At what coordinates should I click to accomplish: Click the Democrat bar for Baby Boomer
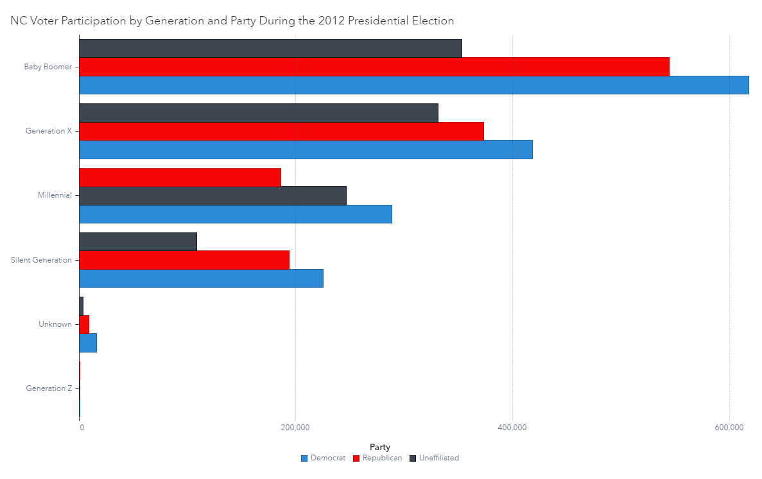point(413,85)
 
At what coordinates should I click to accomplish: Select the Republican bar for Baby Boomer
point(374,67)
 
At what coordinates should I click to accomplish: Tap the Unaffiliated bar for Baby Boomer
point(270,48)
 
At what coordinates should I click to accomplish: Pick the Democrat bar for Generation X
point(306,150)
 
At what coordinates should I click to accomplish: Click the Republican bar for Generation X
point(281,131)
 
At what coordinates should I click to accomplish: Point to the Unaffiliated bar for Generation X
point(258,113)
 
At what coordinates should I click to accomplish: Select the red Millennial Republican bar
point(180,177)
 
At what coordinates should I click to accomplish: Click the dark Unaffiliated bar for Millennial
point(212,196)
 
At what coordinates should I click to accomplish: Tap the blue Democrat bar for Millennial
point(235,214)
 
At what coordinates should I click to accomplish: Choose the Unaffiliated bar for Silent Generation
point(137,241)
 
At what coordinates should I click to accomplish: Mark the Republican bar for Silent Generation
point(184,260)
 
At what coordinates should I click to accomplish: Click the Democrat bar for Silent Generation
point(201,278)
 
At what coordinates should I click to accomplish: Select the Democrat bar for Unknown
point(88,343)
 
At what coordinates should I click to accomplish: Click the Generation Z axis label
point(49,388)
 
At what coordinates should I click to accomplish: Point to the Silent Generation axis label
point(41,260)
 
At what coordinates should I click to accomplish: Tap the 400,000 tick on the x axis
point(512,428)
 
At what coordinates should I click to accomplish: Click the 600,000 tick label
point(729,428)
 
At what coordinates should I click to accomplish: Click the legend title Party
point(380,447)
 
